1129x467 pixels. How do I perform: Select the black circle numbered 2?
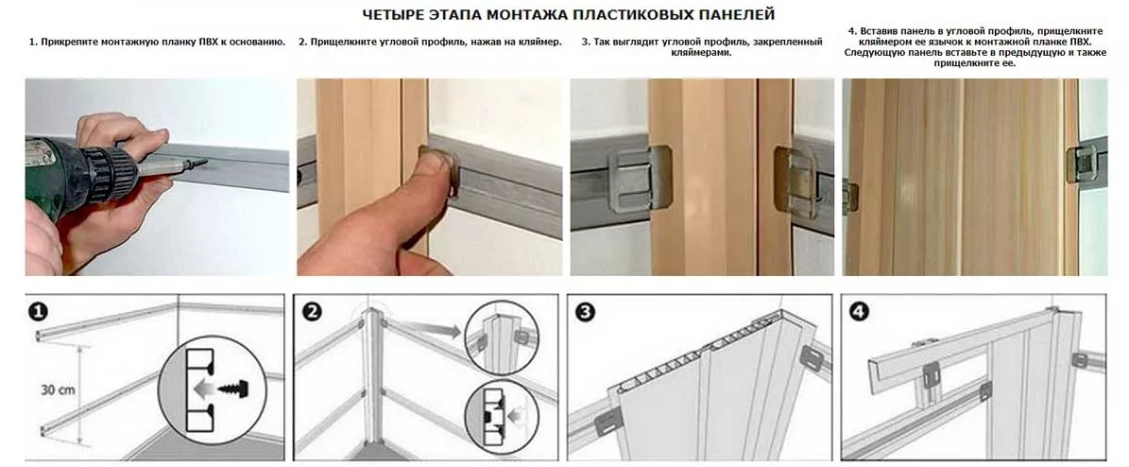pyautogui.click(x=313, y=311)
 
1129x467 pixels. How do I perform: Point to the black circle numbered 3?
pyautogui.click(x=586, y=311)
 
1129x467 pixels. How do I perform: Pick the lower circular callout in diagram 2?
pyautogui.click(x=502, y=417)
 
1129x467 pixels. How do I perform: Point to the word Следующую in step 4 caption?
pyautogui.click(x=871, y=53)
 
